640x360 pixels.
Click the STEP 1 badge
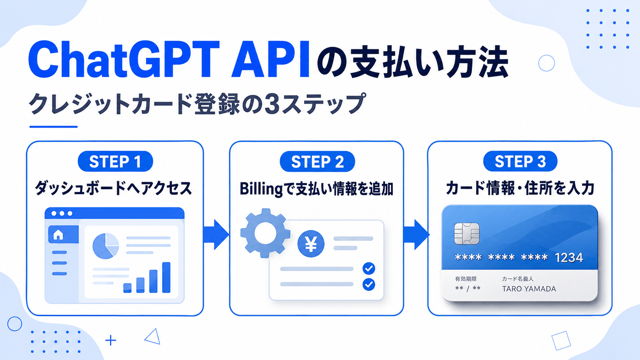click(116, 161)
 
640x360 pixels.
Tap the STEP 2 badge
click(317, 161)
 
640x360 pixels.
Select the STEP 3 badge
click(520, 161)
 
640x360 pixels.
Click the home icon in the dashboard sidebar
click(58, 235)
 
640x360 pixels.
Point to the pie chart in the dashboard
click(106, 246)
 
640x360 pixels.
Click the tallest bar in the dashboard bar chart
click(166, 277)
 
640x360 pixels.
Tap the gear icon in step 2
click(265, 233)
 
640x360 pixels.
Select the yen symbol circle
click(311, 244)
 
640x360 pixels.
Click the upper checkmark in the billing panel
click(369, 268)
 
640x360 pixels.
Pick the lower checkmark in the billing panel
click(369, 284)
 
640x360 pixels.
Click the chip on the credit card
click(467, 234)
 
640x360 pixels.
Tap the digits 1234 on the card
click(569, 258)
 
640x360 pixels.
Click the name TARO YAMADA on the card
click(529, 289)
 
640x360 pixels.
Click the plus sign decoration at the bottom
click(111, 340)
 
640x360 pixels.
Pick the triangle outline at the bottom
click(153, 337)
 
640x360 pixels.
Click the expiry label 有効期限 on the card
click(466, 279)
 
